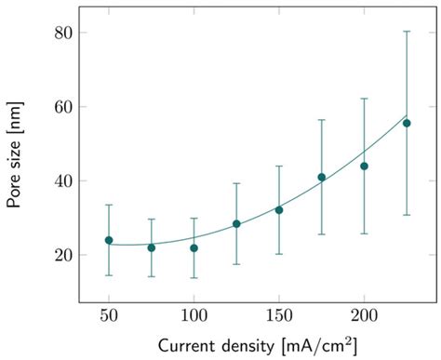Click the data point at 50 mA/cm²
tap(109, 240)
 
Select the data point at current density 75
tap(152, 247)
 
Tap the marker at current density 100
tap(194, 247)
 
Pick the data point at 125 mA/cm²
tap(236, 223)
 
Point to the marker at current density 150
tap(279, 210)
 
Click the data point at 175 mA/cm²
tap(322, 177)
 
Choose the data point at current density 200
tap(364, 166)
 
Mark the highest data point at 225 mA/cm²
tap(407, 123)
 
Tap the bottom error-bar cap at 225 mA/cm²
tap(407, 215)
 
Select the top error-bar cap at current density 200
tap(364, 98)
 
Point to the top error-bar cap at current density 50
tap(109, 205)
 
